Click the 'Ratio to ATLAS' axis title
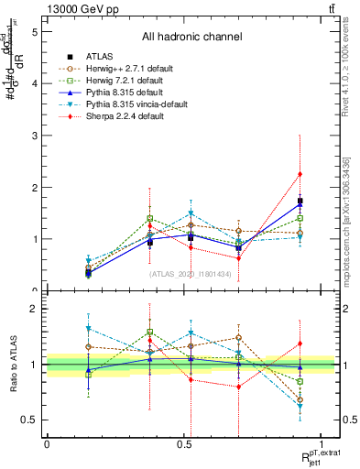[x=13, y=365]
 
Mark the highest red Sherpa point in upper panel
[x=300, y=174]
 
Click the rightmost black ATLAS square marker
[x=300, y=201]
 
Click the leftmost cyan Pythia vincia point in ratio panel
[x=88, y=328]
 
